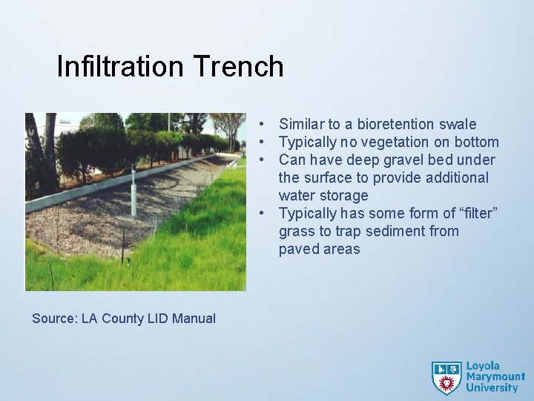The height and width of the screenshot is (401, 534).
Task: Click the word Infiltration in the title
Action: (x=120, y=67)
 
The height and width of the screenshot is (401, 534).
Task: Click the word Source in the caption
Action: (x=54, y=319)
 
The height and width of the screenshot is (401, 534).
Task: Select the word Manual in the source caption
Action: (x=194, y=319)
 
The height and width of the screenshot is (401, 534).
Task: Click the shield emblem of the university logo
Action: (x=446, y=377)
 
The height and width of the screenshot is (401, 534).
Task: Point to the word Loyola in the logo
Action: (x=483, y=366)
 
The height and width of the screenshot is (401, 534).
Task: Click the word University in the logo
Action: (x=492, y=388)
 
